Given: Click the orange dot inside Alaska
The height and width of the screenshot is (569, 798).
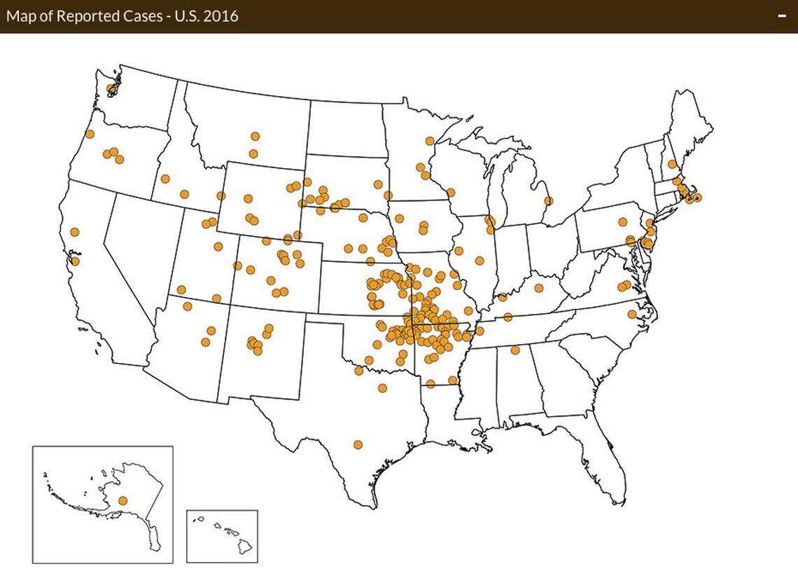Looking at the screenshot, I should pos(123,500).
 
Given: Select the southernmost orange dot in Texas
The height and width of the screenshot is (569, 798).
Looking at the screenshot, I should pos(358,444).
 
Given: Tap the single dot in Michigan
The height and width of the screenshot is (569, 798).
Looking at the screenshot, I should pos(548,201).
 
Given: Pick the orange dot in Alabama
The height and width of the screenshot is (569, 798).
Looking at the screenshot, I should pos(515,350).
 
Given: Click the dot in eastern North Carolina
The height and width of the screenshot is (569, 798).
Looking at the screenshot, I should pos(631,314).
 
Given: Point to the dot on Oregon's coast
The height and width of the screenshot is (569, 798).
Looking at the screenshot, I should pos(90,134).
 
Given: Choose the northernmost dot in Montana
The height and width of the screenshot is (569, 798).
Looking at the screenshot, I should pos(255,136).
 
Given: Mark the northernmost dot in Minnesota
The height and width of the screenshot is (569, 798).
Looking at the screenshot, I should pos(429,141).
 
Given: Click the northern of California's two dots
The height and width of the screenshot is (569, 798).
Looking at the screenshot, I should pos(75,232).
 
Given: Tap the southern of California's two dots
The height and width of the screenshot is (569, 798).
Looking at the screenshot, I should pos(76,261).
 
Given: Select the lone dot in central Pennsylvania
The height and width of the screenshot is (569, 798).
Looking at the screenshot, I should pos(622,223).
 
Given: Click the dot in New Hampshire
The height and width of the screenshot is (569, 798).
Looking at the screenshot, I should pos(671,164).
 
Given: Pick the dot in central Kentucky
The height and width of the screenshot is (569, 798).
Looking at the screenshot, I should pos(539,288).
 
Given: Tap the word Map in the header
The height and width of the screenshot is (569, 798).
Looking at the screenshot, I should pos(20,15).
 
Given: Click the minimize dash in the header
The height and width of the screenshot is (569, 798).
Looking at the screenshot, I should pos(783,16).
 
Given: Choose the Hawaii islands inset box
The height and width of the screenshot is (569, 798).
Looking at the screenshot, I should pos(222,535).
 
